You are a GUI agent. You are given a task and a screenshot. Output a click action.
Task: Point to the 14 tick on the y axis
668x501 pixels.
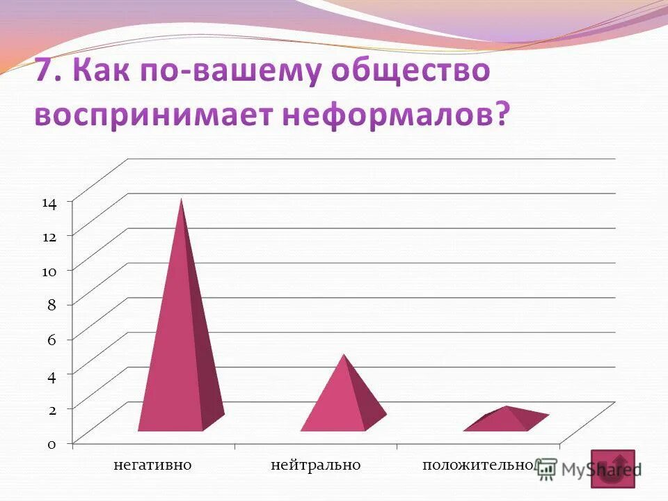(x=49, y=203)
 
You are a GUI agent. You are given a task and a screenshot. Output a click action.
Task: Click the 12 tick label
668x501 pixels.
(x=49, y=237)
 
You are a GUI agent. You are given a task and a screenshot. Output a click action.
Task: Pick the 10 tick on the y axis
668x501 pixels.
(x=49, y=271)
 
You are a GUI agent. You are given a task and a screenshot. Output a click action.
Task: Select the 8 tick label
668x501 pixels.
(x=51, y=305)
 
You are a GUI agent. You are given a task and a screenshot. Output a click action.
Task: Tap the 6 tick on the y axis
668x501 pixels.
(x=51, y=340)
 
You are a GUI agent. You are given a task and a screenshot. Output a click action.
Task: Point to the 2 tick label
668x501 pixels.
(x=51, y=410)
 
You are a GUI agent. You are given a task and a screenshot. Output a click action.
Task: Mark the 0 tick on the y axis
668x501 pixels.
(x=51, y=445)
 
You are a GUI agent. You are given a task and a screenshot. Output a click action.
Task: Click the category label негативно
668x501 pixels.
(x=152, y=465)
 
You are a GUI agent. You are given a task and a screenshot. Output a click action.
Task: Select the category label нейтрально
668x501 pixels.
(x=316, y=465)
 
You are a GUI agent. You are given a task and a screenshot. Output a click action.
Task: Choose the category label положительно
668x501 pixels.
(x=479, y=465)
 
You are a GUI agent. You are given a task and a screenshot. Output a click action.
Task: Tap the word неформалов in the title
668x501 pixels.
(x=394, y=114)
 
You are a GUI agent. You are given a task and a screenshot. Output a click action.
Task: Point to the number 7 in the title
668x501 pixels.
(x=45, y=74)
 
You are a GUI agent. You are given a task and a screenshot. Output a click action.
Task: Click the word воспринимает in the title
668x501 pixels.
(x=154, y=114)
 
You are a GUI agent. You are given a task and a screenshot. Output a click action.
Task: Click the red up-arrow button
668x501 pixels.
(x=612, y=468)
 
